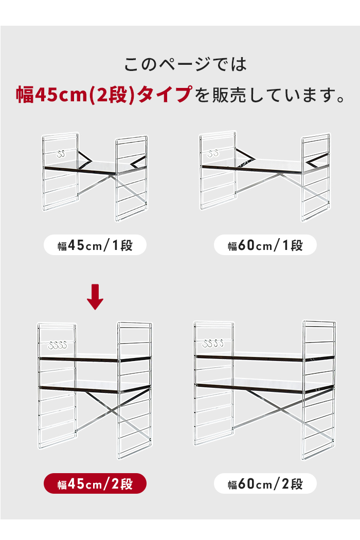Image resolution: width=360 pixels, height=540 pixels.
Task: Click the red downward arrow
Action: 95,297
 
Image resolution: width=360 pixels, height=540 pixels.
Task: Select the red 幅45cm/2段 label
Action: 95,484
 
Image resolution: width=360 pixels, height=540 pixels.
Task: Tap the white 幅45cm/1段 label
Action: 95,245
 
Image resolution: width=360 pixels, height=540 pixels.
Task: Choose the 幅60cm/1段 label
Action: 265,245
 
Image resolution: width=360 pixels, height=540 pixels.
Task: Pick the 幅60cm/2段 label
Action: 265,484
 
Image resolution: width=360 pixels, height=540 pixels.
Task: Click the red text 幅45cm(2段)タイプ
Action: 104,94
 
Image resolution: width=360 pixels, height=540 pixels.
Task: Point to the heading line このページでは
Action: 186,64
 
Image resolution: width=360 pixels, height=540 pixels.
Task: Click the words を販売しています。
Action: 270,95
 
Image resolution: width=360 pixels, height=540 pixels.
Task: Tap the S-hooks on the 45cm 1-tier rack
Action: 61,154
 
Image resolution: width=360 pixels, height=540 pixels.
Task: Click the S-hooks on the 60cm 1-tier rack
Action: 213,153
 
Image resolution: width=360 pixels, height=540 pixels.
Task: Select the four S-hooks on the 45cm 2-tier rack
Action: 58,345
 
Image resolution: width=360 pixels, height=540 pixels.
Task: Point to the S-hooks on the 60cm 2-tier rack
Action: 213,344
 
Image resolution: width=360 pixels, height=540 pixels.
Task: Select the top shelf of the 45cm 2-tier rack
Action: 95,358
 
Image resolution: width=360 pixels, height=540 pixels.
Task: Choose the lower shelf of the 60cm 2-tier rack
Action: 264,387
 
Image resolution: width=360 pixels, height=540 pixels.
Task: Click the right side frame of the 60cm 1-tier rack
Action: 316,177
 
